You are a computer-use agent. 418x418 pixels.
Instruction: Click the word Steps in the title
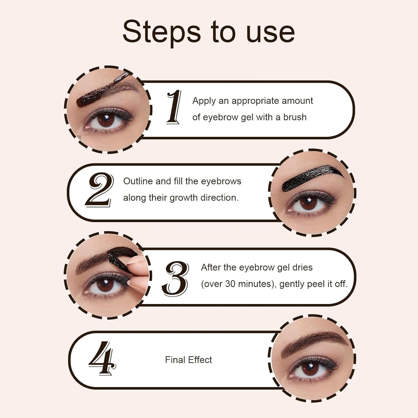click(161, 32)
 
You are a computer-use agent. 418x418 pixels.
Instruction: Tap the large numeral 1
click(174, 107)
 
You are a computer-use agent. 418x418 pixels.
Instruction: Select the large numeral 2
click(99, 189)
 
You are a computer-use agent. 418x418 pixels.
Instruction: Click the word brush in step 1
click(295, 117)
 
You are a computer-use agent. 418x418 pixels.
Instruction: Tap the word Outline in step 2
click(138, 181)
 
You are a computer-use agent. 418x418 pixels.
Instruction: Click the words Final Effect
click(188, 360)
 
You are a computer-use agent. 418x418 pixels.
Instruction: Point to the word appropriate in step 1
click(255, 101)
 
